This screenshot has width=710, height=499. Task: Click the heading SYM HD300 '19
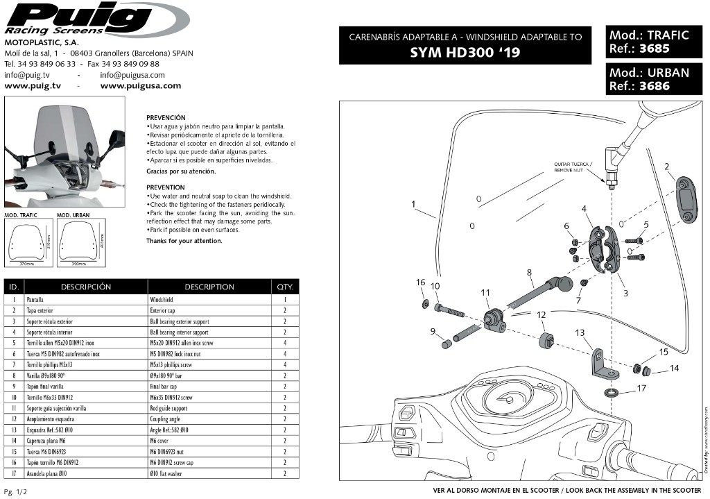pyautogui.click(x=465, y=52)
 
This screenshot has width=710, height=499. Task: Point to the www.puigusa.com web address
pyautogui.click(x=140, y=86)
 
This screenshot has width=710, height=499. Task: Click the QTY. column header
pyautogui.click(x=285, y=287)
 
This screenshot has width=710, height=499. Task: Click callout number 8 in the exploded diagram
pyautogui.click(x=529, y=273)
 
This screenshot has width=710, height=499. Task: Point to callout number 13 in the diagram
pyautogui.click(x=580, y=332)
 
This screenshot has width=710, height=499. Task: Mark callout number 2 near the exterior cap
pyautogui.click(x=666, y=167)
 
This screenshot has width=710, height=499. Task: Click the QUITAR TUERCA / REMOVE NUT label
pyautogui.click(x=573, y=167)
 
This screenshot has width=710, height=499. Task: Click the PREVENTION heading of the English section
pyautogui.click(x=165, y=187)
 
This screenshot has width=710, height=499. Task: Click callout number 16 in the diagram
pyautogui.click(x=420, y=282)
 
